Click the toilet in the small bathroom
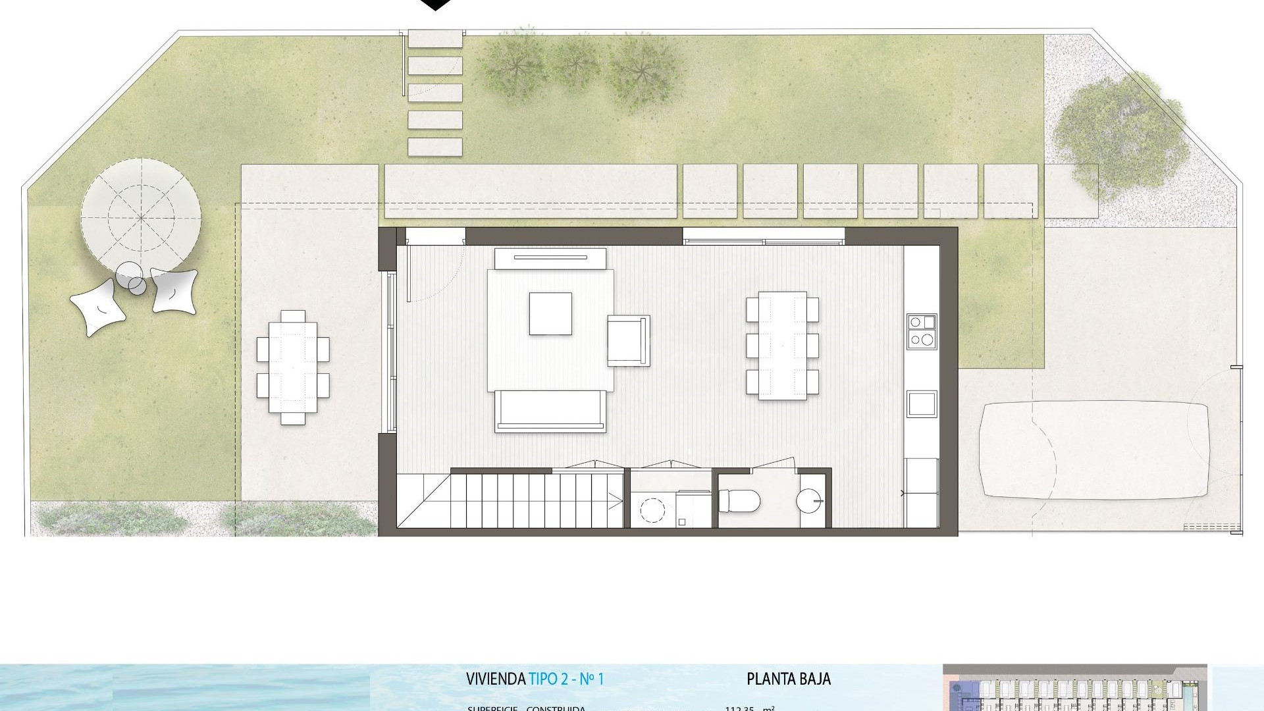click(739, 501)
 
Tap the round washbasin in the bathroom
click(809, 501)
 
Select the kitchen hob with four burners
click(921, 331)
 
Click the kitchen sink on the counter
click(921, 404)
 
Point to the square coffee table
click(550, 313)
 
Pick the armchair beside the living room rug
click(628, 340)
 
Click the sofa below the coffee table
click(550, 411)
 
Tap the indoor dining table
click(782, 346)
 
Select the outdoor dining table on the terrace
click(293, 367)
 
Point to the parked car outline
click(1093, 450)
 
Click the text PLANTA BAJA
click(788, 679)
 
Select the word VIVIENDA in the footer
click(495, 679)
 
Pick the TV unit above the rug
click(550, 258)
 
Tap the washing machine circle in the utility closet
click(652, 510)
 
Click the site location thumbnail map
click(1074, 687)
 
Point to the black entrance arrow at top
click(435, 5)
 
